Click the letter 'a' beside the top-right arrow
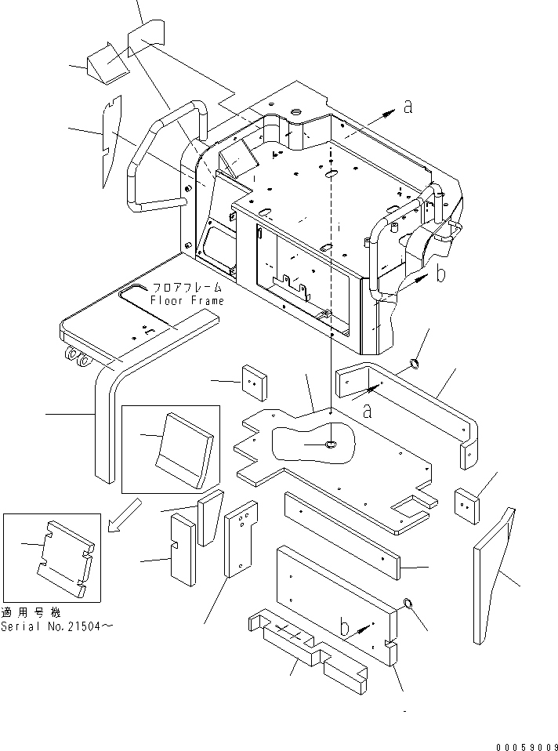click(x=407, y=107)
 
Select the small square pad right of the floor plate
click(x=468, y=501)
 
